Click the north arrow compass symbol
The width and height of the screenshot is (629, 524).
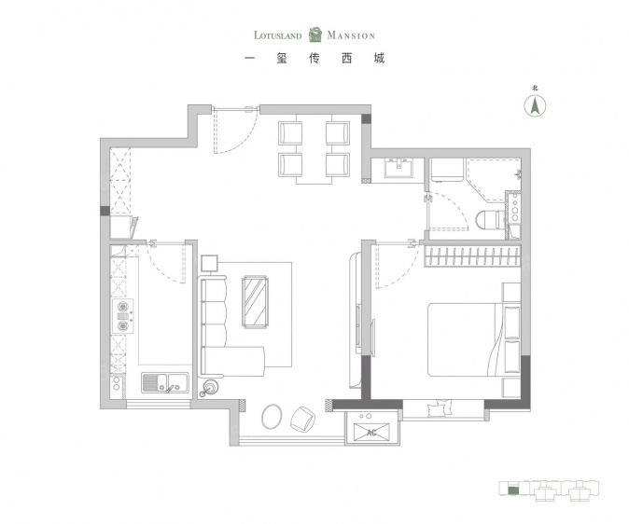click(x=535, y=105)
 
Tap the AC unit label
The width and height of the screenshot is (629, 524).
click(x=371, y=433)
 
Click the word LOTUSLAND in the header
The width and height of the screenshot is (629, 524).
click(x=277, y=35)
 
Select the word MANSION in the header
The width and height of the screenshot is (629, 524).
click(x=351, y=35)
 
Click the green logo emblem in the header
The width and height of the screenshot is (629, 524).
click(x=315, y=34)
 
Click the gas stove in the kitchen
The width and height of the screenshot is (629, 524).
click(x=122, y=316)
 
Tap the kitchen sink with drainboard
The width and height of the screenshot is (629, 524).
click(x=165, y=382)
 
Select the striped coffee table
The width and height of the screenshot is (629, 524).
click(x=255, y=301)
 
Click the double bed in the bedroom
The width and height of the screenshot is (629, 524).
click(x=474, y=339)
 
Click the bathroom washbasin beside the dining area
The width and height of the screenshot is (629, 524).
click(x=398, y=168)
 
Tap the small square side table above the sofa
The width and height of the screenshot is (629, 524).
click(x=209, y=264)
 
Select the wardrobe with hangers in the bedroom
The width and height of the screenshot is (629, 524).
click(x=473, y=256)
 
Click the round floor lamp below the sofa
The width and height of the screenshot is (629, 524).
click(x=210, y=387)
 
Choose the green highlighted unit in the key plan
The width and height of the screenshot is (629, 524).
click(x=512, y=490)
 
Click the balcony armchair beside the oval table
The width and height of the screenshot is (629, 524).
click(x=303, y=420)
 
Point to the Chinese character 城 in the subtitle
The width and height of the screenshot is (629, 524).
click(x=379, y=59)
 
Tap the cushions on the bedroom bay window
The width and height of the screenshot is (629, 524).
click(x=440, y=408)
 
